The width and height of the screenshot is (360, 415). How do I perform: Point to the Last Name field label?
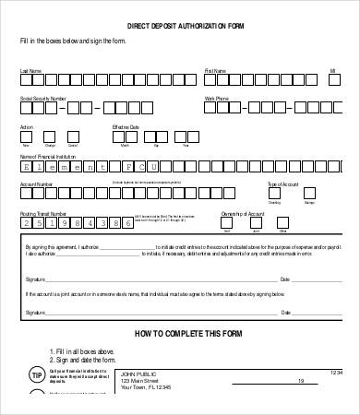click(30, 69)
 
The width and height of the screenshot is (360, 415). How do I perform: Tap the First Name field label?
click(215, 69)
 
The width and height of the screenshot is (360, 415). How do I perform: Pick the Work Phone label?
click(216, 97)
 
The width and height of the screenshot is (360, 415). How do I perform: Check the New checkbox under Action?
click(26, 137)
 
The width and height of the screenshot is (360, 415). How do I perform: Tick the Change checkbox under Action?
click(49, 137)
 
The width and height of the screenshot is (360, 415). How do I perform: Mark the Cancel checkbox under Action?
click(72, 137)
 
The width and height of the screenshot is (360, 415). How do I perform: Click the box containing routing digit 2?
click(27, 224)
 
